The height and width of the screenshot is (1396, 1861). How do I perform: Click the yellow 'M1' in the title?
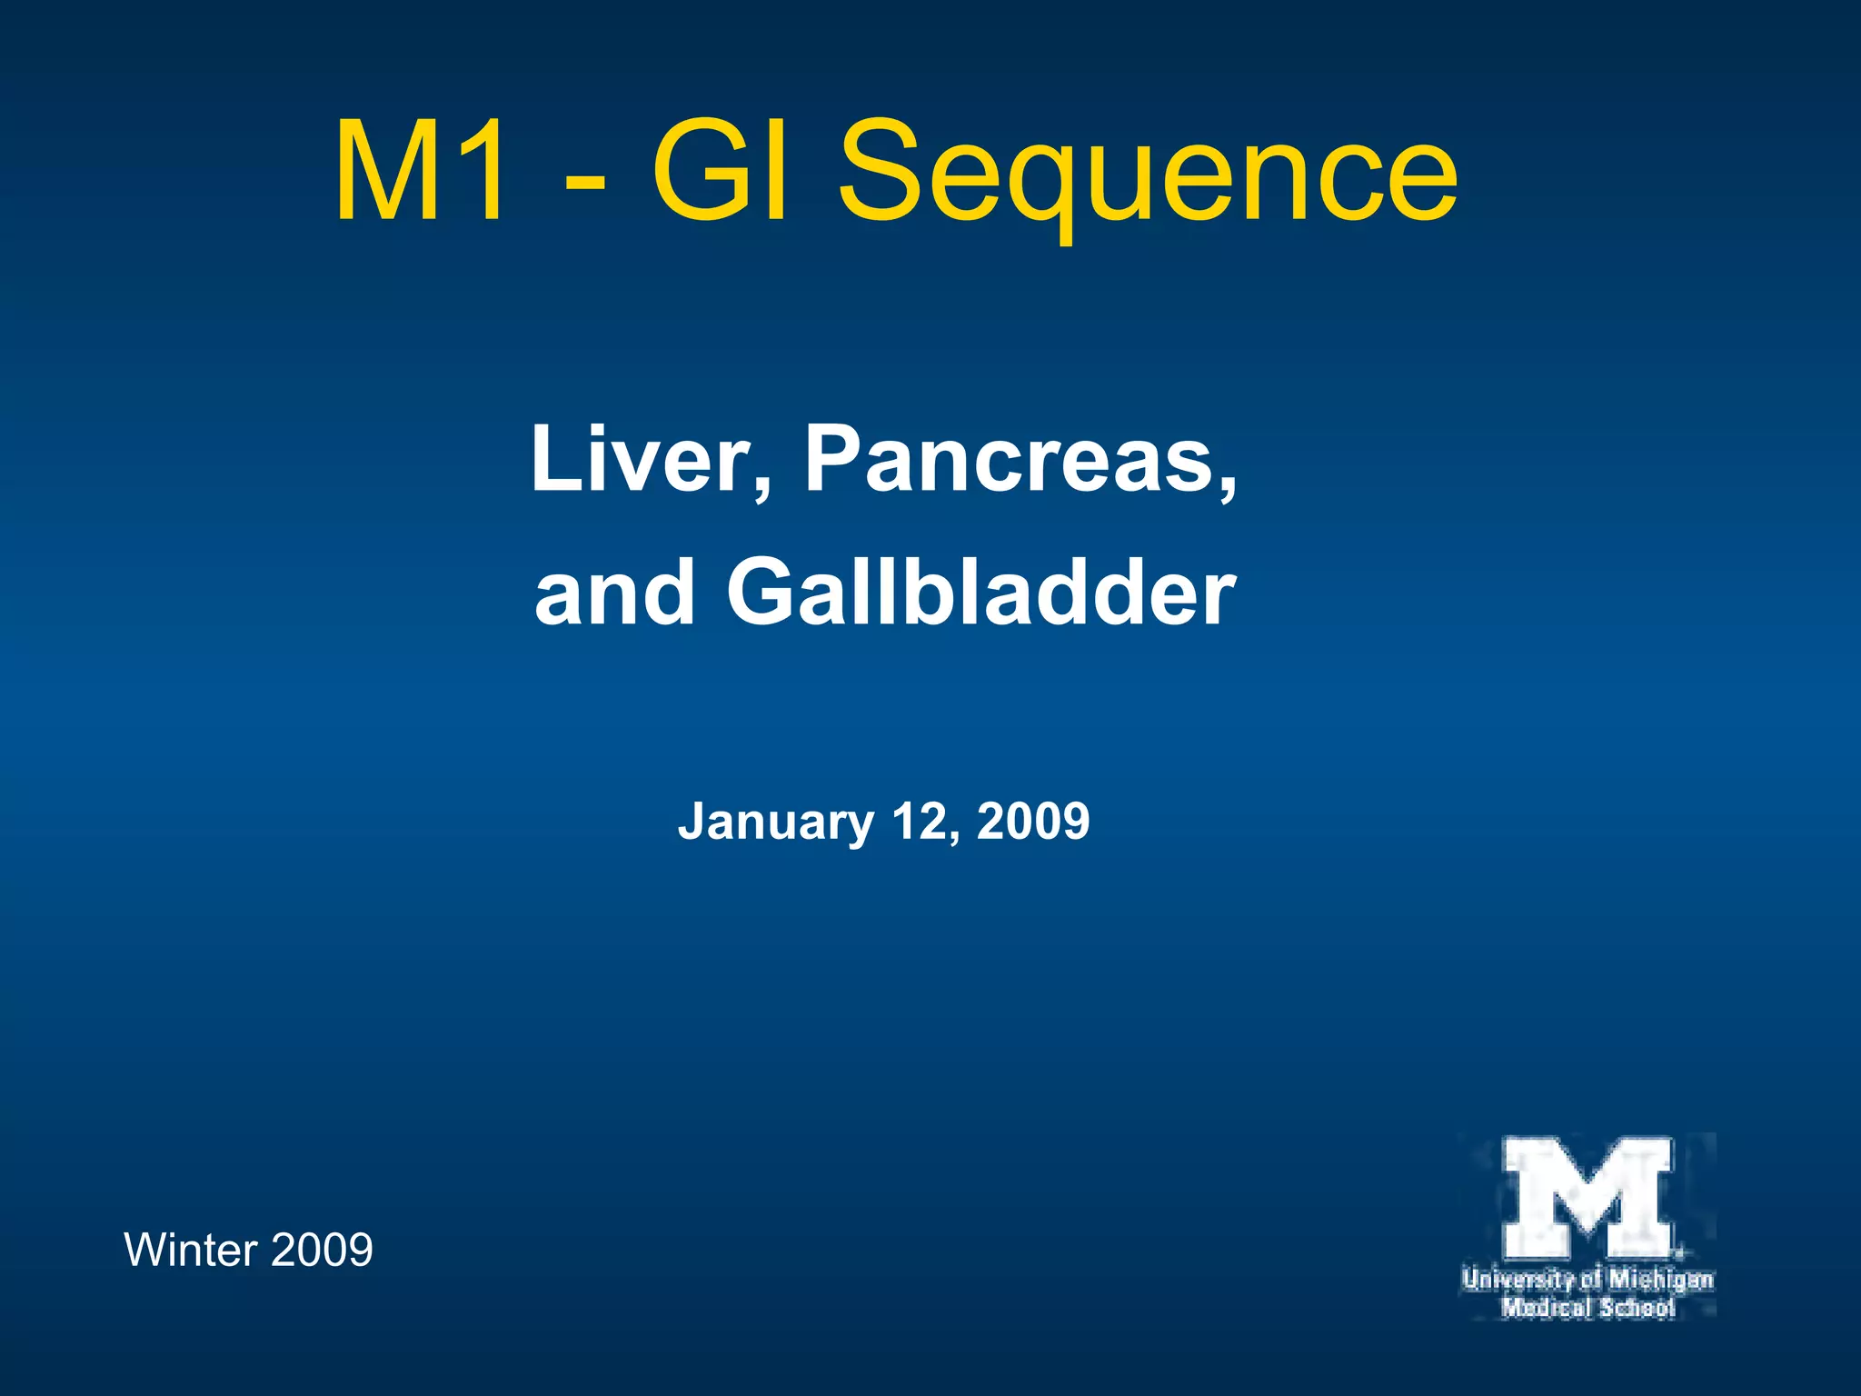(x=418, y=171)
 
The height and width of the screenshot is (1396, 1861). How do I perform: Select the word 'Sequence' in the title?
(x=1147, y=177)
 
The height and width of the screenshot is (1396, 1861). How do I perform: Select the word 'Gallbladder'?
(x=980, y=593)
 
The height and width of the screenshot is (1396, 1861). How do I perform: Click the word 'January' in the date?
(x=775, y=823)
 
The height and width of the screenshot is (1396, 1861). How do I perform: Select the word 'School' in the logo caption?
(x=1637, y=1308)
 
